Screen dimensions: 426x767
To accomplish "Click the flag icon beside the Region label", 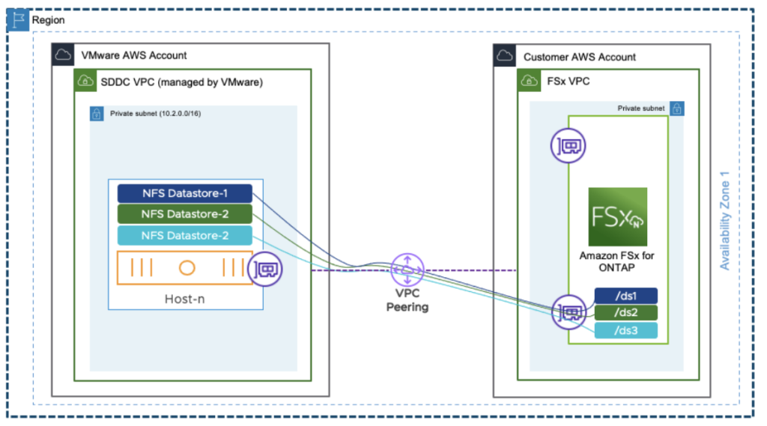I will click(16, 20).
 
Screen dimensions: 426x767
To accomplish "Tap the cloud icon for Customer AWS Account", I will click(505, 56).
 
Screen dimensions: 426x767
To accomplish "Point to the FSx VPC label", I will click(569, 81).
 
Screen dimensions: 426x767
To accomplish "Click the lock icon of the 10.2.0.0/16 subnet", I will click(96, 114).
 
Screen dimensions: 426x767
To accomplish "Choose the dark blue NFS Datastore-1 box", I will click(184, 194).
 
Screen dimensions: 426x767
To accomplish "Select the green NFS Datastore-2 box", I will click(184, 215).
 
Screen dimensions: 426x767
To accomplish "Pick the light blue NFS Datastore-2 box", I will click(184, 236).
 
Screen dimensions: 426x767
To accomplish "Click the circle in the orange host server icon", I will click(187, 268).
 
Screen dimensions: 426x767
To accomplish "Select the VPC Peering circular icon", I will click(407, 269).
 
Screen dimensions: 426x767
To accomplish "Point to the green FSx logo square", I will click(617, 217).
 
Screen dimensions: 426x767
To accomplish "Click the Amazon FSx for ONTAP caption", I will click(617, 261).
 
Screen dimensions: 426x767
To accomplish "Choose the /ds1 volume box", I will click(625, 296).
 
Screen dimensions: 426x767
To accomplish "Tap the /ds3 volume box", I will click(625, 330).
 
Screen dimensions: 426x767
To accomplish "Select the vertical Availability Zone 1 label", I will click(724, 219).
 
